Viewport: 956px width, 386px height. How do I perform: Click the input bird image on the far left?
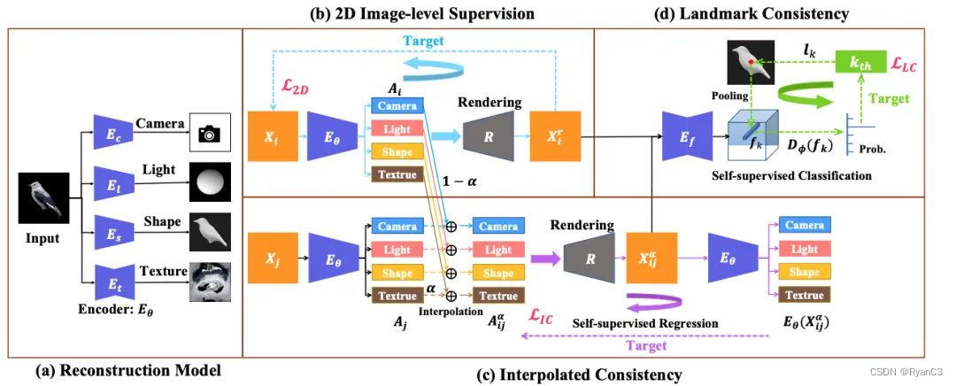(42, 198)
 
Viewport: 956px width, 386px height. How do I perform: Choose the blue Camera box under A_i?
(396, 104)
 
